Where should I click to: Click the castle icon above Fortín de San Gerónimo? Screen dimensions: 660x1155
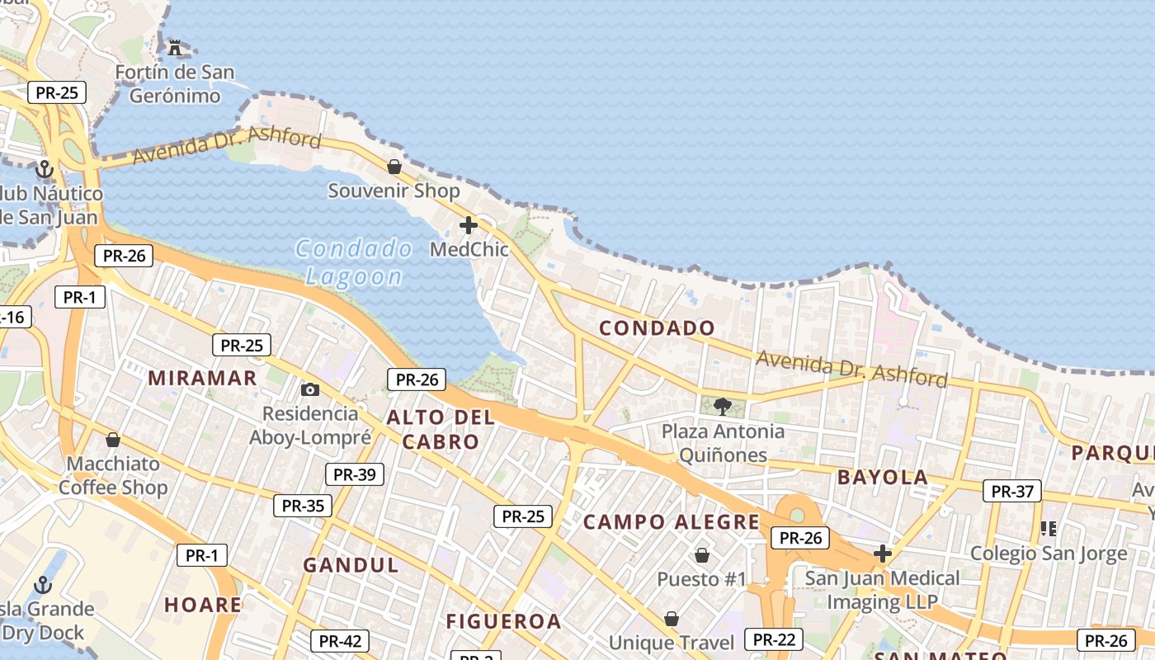click(x=174, y=47)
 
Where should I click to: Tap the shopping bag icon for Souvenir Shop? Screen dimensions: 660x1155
click(x=394, y=167)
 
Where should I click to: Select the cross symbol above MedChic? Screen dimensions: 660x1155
click(x=469, y=225)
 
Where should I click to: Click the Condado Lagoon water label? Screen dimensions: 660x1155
click(x=354, y=262)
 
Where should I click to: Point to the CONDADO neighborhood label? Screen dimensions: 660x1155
click(x=657, y=328)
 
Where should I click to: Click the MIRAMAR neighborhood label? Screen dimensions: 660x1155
click(x=202, y=378)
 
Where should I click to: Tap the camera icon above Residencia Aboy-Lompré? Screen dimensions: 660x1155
click(x=310, y=389)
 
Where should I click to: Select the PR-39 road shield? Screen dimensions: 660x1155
click(x=355, y=474)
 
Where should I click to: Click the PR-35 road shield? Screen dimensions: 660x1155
click(x=303, y=506)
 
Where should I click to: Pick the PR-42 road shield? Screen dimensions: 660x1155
click(x=340, y=641)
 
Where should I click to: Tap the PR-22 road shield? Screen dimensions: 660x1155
click(x=773, y=639)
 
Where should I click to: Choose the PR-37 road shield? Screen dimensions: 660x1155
click(x=1011, y=491)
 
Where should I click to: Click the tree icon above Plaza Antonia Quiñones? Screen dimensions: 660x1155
click(x=723, y=406)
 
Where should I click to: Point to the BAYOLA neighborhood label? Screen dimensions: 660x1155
click(x=883, y=477)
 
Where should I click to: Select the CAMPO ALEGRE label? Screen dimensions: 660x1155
click(x=671, y=522)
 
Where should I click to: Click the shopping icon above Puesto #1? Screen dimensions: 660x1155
click(x=702, y=555)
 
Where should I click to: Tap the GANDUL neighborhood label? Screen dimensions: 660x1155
click(x=351, y=565)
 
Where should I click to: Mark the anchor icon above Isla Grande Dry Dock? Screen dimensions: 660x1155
click(x=43, y=586)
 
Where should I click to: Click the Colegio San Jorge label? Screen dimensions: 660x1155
click(x=1048, y=554)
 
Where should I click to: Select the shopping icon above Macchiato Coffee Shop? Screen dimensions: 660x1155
click(x=113, y=440)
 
